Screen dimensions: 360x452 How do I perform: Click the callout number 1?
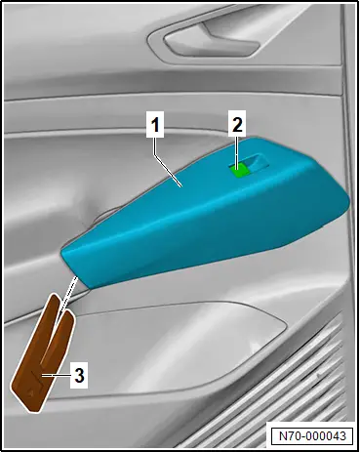(155, 125)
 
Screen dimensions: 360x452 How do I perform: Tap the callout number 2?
(238, 124)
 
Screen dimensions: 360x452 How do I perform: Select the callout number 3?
(79, 376)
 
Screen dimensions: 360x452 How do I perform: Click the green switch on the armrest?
(239, 171)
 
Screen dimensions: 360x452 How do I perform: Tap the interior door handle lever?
(212, 42)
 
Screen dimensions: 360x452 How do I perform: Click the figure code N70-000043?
(312, 435)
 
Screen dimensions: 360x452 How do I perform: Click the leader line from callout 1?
(168, 171)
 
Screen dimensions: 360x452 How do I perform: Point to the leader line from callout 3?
(56, 376)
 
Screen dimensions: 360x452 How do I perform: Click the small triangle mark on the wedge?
(30, 392)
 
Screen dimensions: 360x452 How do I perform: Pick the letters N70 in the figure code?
(289, 435)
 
